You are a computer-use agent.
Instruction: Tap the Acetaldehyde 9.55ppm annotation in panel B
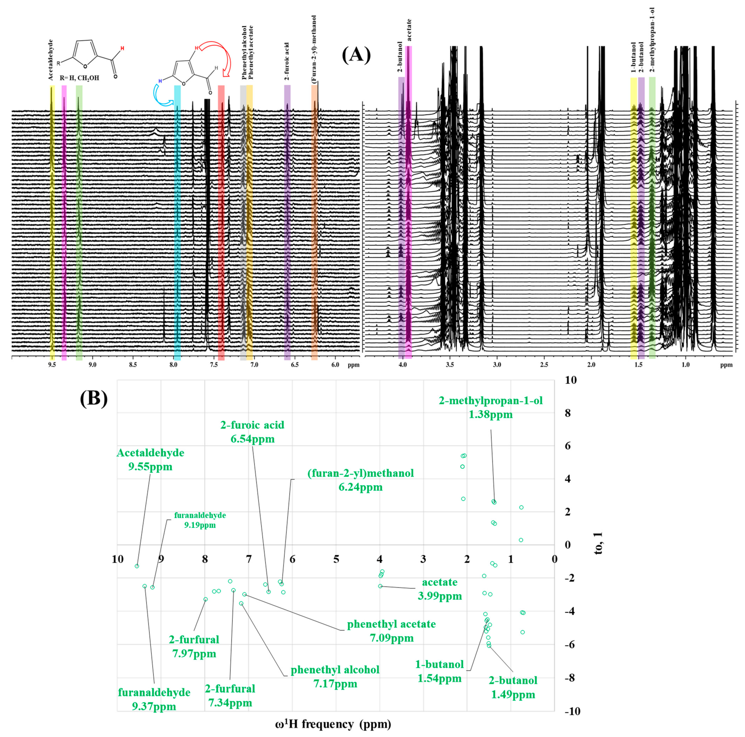(150, 460)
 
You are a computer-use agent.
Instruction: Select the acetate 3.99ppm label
(440, 589)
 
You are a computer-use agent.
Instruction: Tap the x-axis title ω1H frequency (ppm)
(333, 724)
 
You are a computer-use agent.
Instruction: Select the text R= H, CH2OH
(80, 78)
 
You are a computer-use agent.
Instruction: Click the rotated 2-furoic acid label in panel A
(287, 62)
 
